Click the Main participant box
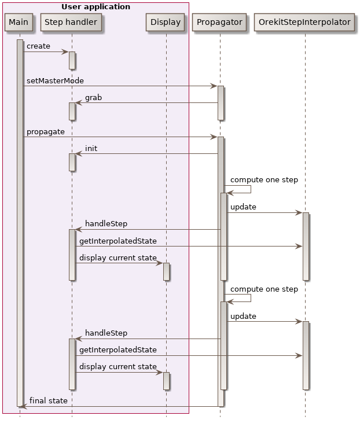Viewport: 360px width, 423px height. (19, 23)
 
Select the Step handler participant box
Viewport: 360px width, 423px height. (72, 23)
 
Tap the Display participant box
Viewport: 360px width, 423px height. (166, 23)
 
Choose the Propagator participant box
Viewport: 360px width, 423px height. (220, 23)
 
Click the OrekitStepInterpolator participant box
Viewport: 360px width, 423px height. (305, 23)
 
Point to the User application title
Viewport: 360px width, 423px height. (95, 7)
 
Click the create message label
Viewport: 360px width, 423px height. (38, 46)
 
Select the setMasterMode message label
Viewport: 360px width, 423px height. (55, 80)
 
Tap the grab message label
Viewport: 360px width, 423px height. (93, 98)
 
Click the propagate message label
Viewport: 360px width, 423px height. (45, 132)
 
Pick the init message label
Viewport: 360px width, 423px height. (91, 149)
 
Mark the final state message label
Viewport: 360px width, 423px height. (48, 400)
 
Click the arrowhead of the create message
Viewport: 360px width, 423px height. (65, 52)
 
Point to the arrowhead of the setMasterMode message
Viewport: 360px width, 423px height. (214, 86)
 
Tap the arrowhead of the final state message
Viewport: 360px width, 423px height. (23, 406)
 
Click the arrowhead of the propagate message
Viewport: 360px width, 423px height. (214, 137)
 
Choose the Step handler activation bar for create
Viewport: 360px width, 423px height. (72, 60)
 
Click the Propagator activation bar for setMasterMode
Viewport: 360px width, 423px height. (221, 103)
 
